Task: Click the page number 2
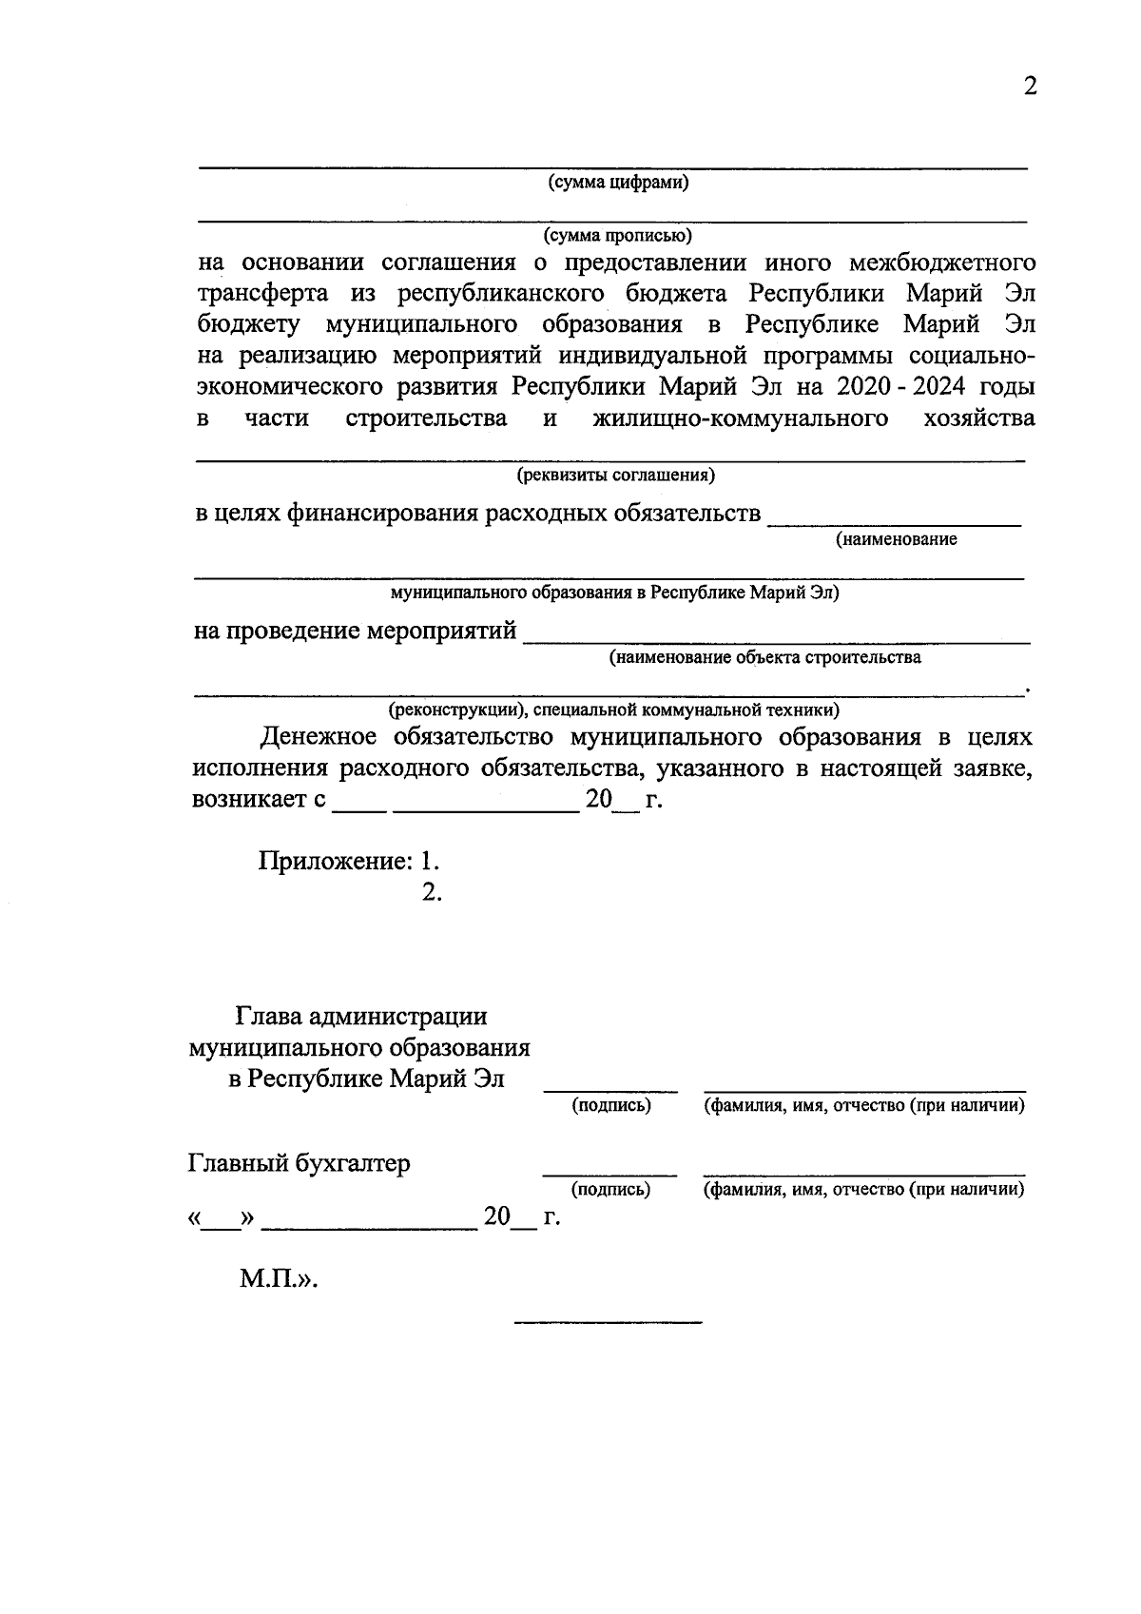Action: [1029, 87]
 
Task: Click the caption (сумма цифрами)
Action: [617, 183]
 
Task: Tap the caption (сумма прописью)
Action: [617, 234]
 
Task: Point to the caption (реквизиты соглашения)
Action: [616, 474]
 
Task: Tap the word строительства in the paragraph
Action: [426, 418]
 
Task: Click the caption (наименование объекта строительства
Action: [765, 657]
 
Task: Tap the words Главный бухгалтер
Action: [300, 1163]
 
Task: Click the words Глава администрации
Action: [361, 1017]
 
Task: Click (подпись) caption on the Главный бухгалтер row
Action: [610, 1189]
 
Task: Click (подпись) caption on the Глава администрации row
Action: [610, 1105]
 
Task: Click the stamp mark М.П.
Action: [277, 1279]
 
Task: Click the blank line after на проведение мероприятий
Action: [776, 643]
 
